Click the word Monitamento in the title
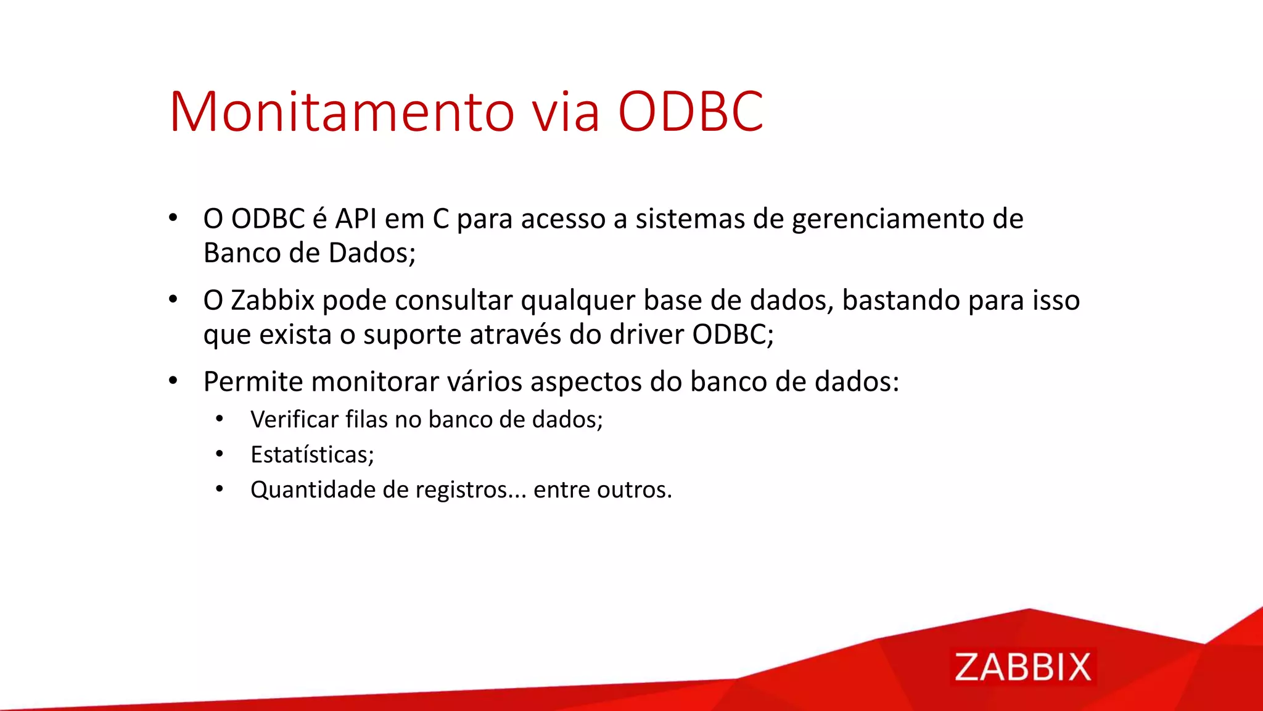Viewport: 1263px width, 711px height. pyautogui.click(x=342, y=112)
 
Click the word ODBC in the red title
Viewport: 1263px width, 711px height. pyautogui.click(x=691, y=112)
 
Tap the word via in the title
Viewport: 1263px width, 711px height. pyautogui.click(x=566, y=112)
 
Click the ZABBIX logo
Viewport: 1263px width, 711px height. pyautogui.click(x=1022, y=667)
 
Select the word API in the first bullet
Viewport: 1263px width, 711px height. pyautogui.click(x=356, y=219)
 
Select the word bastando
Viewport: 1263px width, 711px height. pyautogui.click(x=901, y=301)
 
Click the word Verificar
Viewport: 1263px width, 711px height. pyautogui.click(x=294, y=420)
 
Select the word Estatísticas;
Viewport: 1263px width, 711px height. pyautogui.click(x=312, y=455)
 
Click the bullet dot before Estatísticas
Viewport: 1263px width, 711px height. pyautogui.click(x=220, y=454)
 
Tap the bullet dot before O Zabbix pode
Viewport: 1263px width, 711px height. pyautogui.click(x=173, y=300)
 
